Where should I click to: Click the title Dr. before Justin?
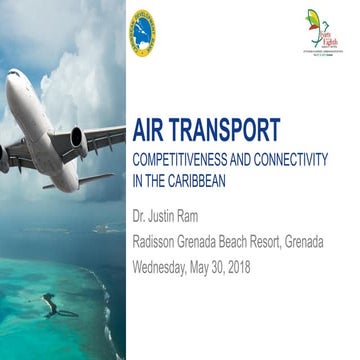pyautogui.click(x=141, y=216)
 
